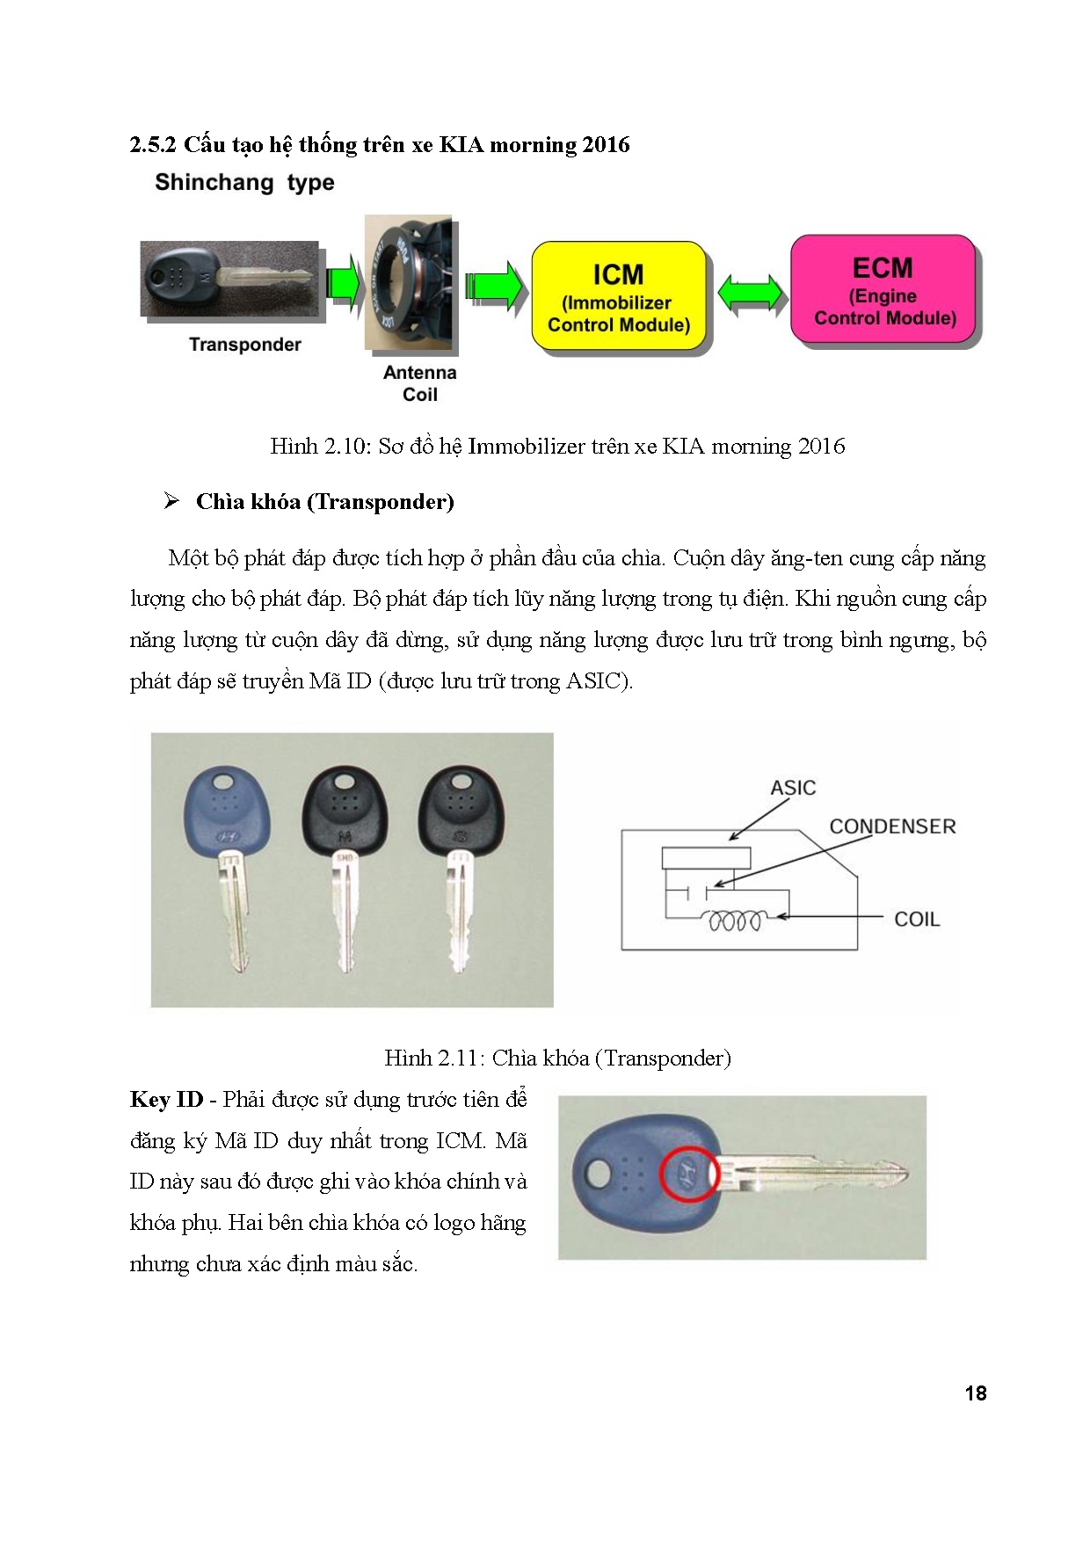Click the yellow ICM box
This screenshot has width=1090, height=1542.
(618, 298)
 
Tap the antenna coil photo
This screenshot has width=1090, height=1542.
(408, 284)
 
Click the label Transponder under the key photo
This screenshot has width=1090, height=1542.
(244, 345)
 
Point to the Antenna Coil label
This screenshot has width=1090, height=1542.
(419, 383)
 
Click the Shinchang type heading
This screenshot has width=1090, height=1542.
(244, 183)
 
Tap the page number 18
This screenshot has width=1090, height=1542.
(975, 1393)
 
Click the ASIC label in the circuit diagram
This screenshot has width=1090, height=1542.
(792, 788)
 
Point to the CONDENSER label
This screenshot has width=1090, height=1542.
(891, 826)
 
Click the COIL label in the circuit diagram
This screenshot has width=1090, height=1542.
(916, 920)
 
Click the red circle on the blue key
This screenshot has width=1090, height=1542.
(689, 1173)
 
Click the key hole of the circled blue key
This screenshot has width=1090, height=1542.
(599, 1173)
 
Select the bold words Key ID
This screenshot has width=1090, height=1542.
(166, 1100)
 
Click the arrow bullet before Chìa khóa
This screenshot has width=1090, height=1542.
(171, 501)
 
